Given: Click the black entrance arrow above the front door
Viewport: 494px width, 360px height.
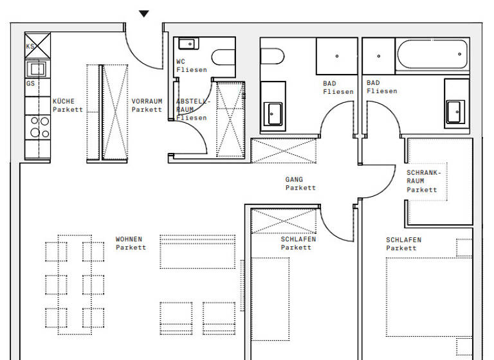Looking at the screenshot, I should point(144,14).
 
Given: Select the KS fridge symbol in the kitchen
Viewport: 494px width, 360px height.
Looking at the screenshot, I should point(37,46).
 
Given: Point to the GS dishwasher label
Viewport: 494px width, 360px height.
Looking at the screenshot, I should point(30,84).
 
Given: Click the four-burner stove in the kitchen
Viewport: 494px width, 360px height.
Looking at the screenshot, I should point(37,127).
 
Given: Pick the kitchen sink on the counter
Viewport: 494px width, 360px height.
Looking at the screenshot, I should point(36,68).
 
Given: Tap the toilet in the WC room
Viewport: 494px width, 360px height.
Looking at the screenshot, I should point(223,58).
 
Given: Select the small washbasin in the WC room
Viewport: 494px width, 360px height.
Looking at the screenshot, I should point(188,44).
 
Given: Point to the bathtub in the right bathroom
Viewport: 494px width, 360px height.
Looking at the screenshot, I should point(432,57).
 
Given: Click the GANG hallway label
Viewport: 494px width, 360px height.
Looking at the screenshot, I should point(294,180).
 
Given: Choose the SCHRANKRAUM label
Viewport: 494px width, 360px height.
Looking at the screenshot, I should point(423,181).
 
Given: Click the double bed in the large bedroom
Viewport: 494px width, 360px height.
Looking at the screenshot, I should point(428,297).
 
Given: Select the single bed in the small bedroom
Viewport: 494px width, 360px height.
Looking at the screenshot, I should point(270,299).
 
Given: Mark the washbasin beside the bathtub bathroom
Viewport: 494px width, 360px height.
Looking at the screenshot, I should point(455,112).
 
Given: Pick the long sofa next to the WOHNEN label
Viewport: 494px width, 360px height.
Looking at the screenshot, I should point(197,251).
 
